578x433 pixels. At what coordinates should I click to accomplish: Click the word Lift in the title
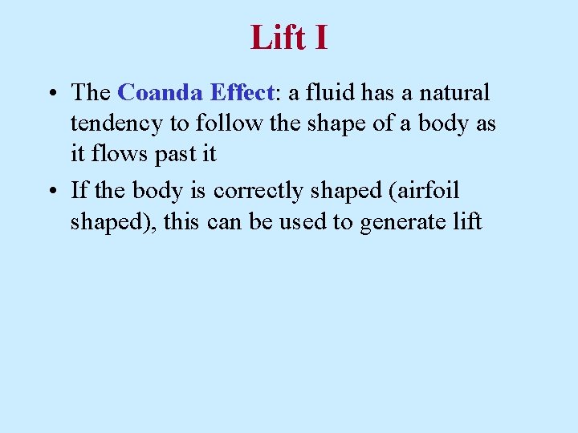pos(276,38)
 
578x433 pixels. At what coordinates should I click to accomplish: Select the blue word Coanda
pos(161,93)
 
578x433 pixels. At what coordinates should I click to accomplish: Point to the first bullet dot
pos(51,94)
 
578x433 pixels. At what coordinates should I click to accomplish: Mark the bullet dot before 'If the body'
pos(51,192)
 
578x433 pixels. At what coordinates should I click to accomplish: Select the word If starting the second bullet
pos(78,191)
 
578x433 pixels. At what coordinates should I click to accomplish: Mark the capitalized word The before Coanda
pos(91,93)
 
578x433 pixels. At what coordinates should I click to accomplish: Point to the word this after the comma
pos(184,223)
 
